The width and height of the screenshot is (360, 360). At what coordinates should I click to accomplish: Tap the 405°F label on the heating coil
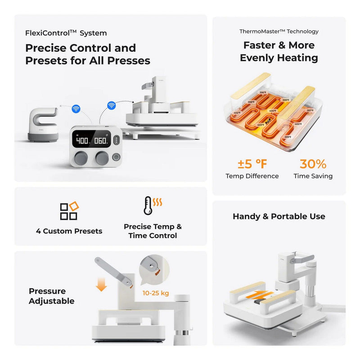273,111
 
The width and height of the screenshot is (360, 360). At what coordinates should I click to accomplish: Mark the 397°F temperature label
310,110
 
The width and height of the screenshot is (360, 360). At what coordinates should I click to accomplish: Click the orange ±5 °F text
252,164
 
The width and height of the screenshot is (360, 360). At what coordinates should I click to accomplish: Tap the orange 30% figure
313,164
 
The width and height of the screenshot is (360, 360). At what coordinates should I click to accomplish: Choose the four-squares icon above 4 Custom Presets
69,211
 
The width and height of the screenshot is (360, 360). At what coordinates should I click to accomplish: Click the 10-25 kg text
156,293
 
